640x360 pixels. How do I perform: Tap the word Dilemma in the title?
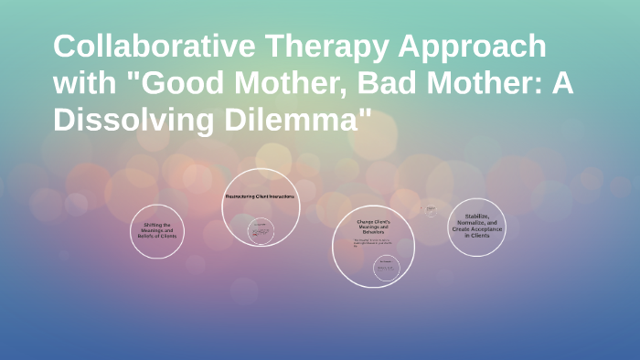pos(308,120)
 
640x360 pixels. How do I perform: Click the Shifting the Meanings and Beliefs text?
pos(157,230)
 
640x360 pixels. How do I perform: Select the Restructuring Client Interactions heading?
pos(261,196)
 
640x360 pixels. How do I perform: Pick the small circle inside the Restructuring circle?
pos(261,230)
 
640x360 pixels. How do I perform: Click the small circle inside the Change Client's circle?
pos(387,267)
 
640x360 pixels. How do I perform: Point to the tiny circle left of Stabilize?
pos(428,210)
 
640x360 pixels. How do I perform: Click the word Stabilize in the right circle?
pos(476,217)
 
